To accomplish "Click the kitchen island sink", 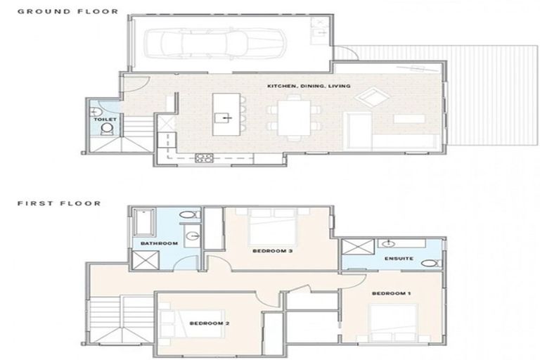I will [x=223, y=117].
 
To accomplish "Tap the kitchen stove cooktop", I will [x=204, y=157].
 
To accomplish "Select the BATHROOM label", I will [x=158, y=243].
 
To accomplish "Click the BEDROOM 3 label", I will [x=271, y=250].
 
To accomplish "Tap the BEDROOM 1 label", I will [x=391, y=292].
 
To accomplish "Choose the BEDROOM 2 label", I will [x=208, y=323].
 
